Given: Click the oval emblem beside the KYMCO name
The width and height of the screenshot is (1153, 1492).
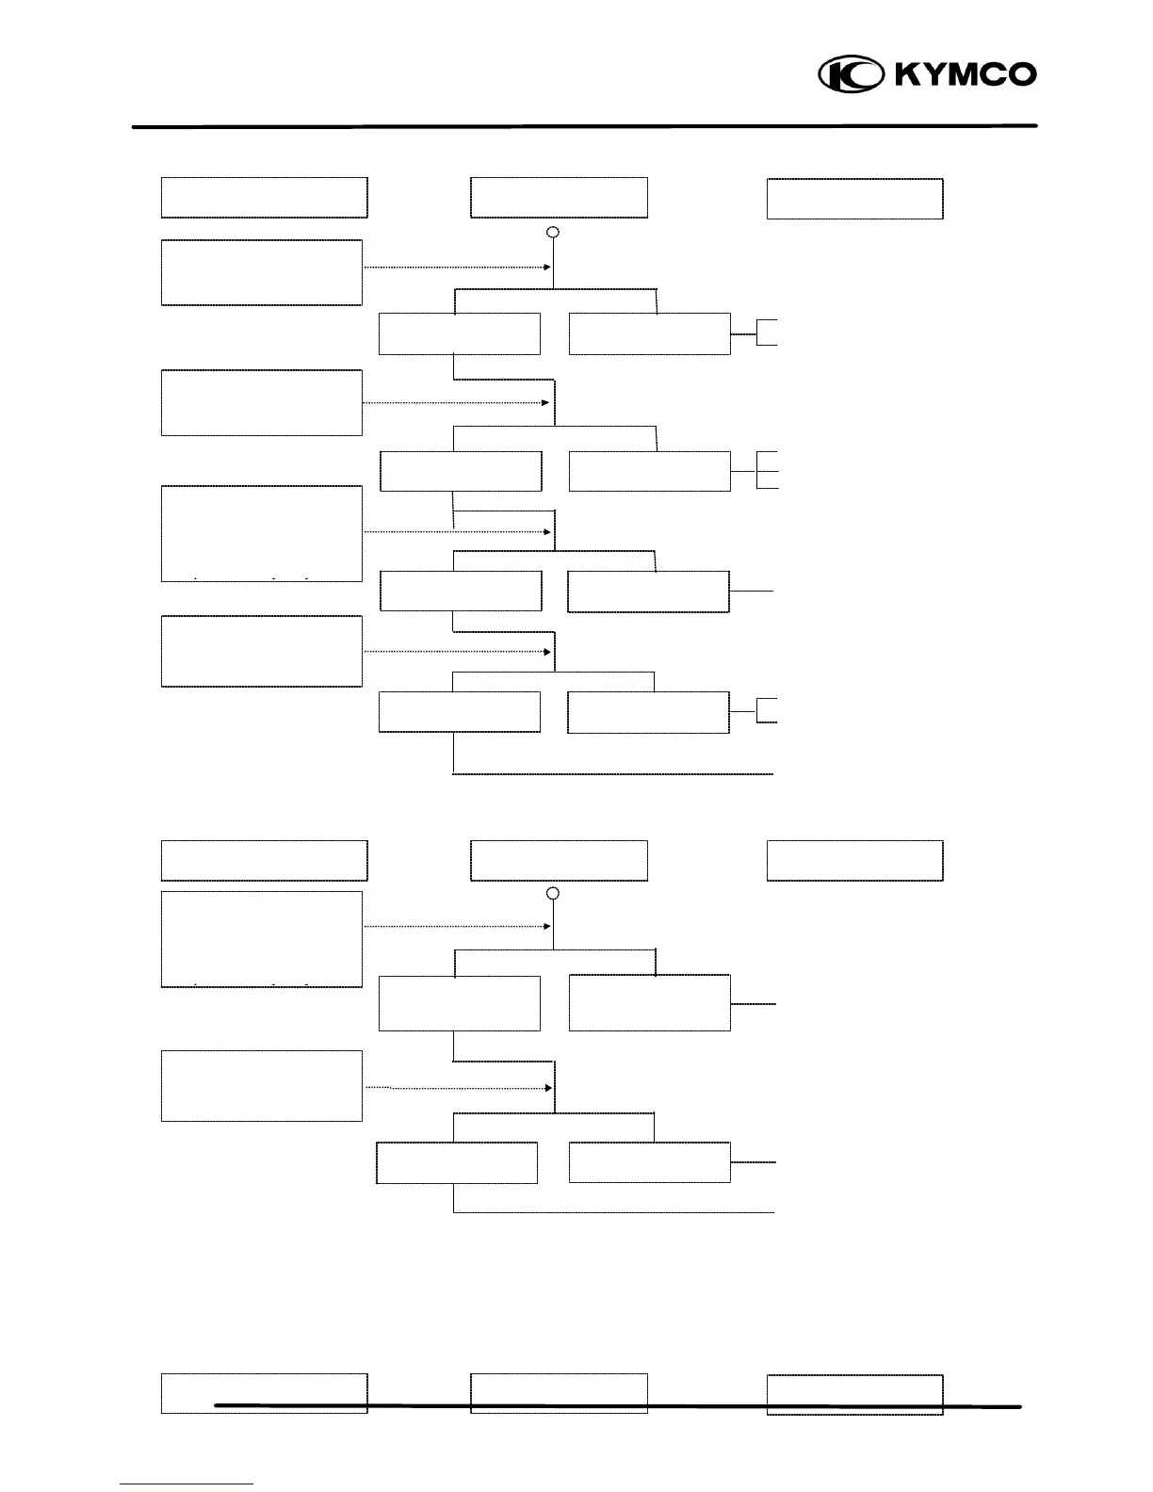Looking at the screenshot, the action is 851,74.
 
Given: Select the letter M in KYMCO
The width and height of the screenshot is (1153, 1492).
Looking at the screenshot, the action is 966,74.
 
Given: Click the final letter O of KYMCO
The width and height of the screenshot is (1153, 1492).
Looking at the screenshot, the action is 1022,74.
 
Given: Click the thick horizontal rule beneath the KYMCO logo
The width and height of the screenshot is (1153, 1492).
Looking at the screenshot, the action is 584,125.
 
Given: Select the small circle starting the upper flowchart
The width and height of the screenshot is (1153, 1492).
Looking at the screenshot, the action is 554,232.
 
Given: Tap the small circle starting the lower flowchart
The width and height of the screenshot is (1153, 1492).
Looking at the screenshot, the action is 554,893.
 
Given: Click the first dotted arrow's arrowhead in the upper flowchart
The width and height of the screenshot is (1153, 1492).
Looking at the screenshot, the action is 546,268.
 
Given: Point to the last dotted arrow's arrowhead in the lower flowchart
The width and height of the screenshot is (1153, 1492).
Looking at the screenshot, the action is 546,1088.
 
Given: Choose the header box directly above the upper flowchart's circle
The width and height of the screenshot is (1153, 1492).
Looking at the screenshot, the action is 559,198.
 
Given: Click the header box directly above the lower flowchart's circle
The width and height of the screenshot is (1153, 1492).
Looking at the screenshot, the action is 559,861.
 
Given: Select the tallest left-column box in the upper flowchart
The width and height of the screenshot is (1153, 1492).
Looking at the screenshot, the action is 262,533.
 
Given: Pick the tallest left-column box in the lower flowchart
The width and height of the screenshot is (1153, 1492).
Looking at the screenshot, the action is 262,939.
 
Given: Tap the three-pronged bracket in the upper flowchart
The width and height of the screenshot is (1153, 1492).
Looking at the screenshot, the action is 768,470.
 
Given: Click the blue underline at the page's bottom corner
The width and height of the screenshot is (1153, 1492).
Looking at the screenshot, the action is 187,1484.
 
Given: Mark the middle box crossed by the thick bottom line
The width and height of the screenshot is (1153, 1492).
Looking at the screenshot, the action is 559,1393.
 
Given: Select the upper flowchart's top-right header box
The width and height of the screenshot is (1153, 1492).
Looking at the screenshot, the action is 854,199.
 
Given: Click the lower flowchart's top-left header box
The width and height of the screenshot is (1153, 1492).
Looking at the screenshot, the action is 264,861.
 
